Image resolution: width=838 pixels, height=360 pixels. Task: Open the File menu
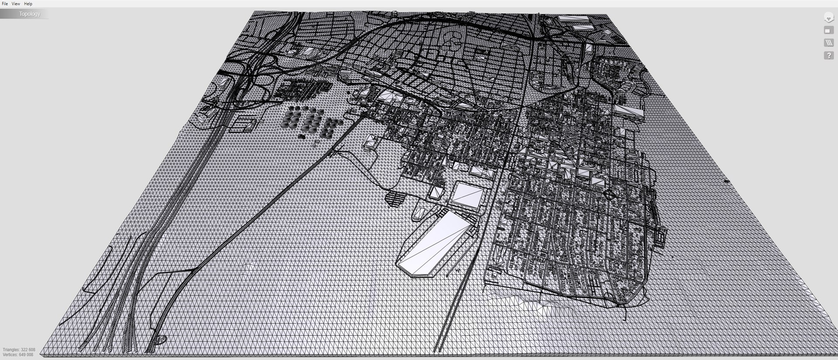pyautogui.click(x=5, y=3)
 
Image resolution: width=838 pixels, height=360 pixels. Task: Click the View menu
pyautogui.click(x=16, y=3)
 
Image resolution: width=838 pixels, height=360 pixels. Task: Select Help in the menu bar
pyautogui.click(x=28, y=3)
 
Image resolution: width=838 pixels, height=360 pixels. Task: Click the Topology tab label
pyautogui.click(x=29, y=14)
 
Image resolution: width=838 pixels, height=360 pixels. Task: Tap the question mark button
pyautogui.click(x=828, y=55)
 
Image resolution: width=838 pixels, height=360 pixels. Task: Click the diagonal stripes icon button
pyautogui.click(x=828, y=43)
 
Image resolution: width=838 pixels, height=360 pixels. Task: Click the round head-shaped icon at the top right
pyautogui.click(x=828, y=18)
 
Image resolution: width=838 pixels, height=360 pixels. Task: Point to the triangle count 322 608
pyautogui.click(x=28, y=350)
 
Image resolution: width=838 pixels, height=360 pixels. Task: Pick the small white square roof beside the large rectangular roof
pyautogui.click(x=436, y=193)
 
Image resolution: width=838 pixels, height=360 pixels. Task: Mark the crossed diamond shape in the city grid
pyautogui.click(x=608, y=195)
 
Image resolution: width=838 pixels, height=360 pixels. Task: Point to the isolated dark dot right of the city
pyautogui.click(x=727, y=181)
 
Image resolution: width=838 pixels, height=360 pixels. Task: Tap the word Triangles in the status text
pyautogui.click(x=11, y=350)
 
